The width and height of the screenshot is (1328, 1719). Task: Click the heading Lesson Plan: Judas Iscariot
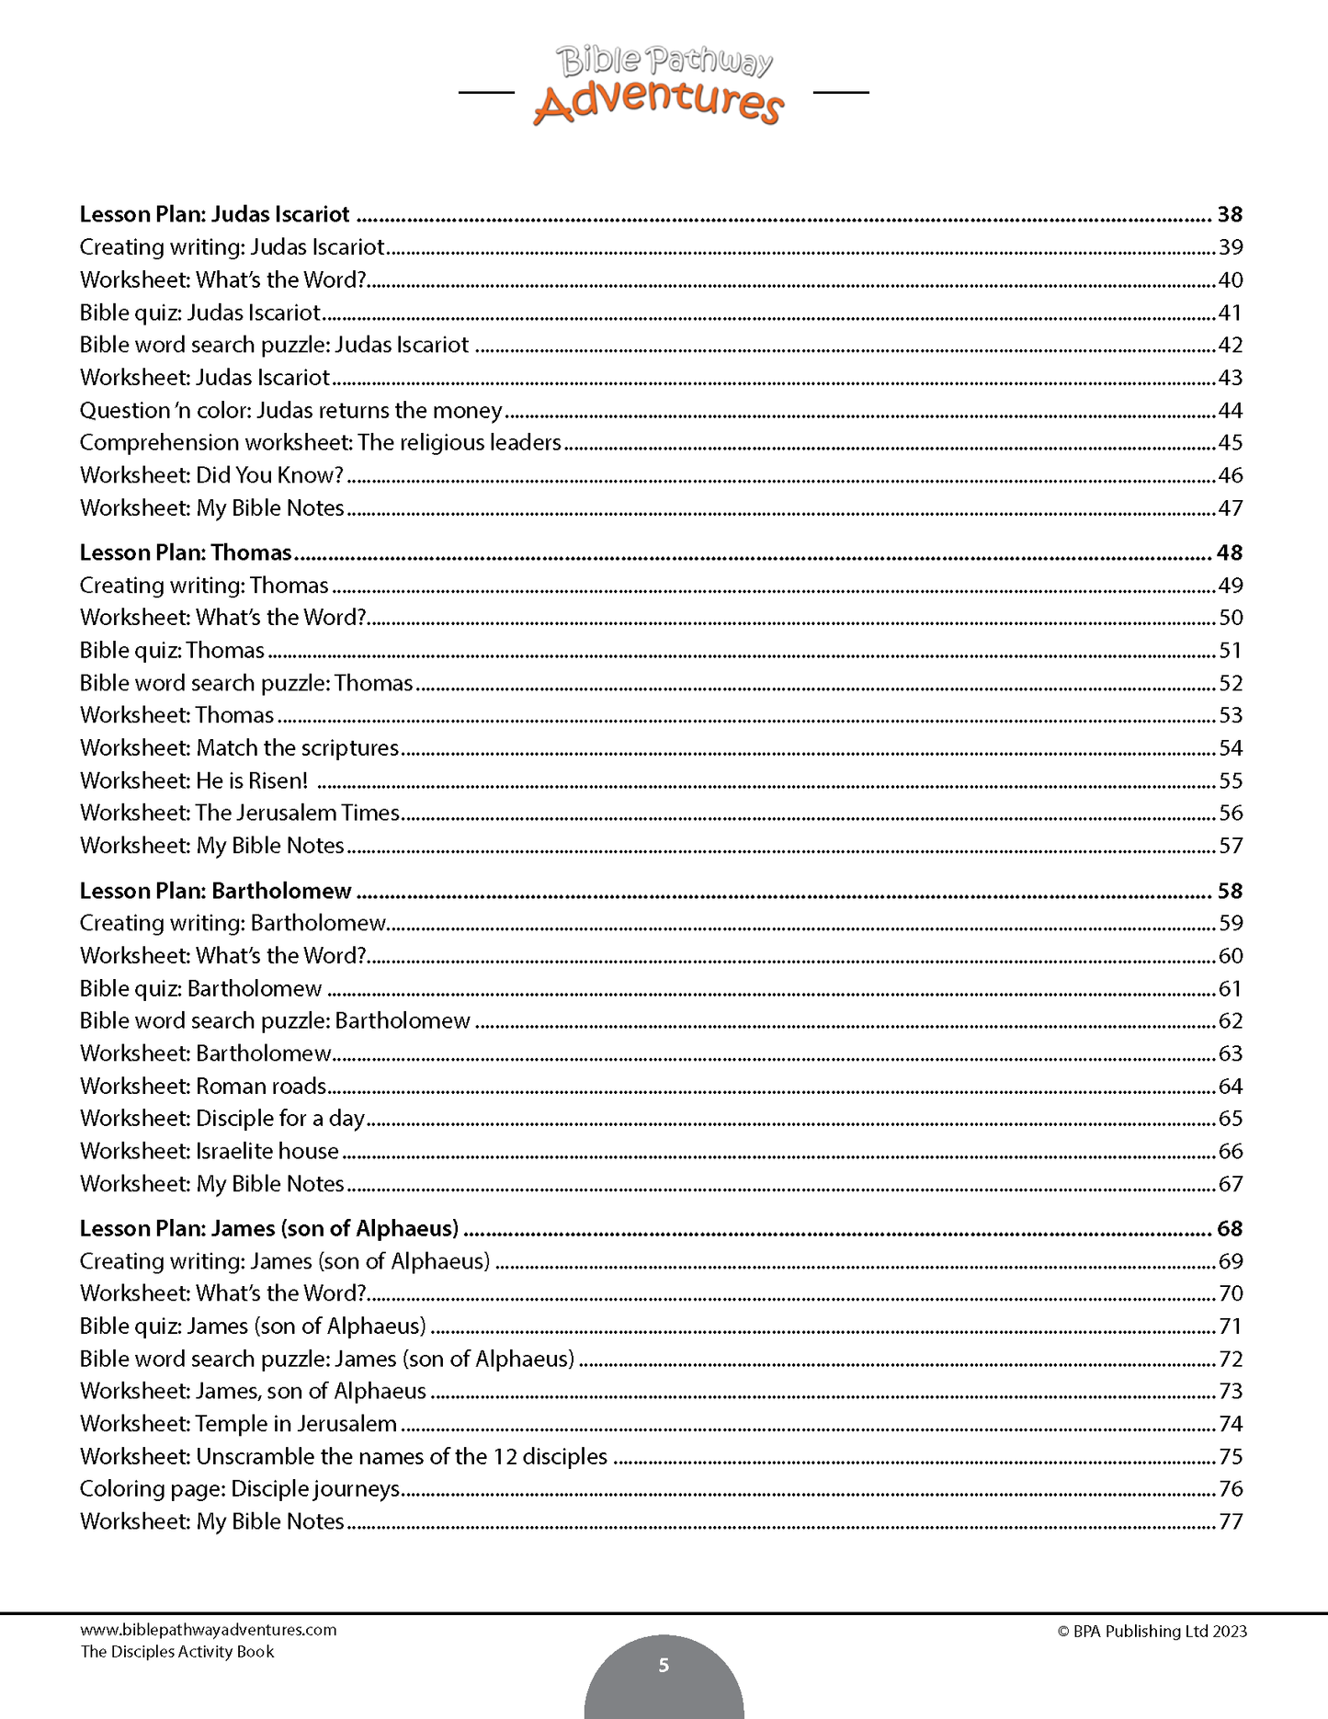214,214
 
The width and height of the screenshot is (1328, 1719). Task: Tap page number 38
1230,214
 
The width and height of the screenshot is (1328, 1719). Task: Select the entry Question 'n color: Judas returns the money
290,410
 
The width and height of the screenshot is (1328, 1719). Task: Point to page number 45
1230,443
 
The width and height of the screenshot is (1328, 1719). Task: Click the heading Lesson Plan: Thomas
186,552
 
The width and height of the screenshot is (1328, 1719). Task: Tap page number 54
1230,748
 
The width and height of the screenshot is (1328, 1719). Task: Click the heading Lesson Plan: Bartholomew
215,891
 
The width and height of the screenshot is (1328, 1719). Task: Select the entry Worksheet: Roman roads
203,1086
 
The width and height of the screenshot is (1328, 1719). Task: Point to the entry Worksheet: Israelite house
210,1151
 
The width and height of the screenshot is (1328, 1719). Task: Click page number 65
1230,1119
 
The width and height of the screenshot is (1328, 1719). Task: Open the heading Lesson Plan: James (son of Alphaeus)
268,1228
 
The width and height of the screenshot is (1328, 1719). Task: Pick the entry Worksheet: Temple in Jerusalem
238,1424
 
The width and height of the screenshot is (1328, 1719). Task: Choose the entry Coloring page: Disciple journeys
240,1488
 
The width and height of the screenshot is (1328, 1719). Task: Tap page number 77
1230,1521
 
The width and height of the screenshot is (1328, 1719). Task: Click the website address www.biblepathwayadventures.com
209,1630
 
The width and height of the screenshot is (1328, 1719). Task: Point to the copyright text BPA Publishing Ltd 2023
1152,1632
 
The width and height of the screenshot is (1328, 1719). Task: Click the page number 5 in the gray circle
664,1665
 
